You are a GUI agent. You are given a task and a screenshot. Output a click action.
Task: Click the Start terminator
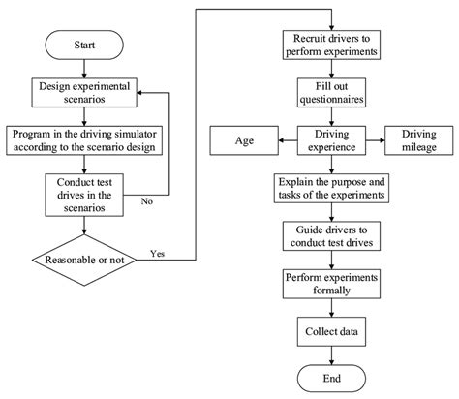[x=84, y=45]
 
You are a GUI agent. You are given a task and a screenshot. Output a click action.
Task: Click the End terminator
[x=332, y=378]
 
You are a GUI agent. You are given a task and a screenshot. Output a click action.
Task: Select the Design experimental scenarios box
[x=84, y=92]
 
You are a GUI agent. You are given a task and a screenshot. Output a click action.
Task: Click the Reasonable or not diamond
[x=84, y=259]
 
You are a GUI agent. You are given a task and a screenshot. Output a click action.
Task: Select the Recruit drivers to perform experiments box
[x=332, y=45]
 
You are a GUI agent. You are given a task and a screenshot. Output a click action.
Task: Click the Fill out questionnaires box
[x=332, y=92]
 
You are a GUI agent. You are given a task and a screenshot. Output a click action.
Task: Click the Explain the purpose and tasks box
[x=332, y=187]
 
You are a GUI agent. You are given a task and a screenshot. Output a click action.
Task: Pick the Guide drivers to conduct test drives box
[x=332, y=235]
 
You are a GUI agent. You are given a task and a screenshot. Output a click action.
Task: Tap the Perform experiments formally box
[x=332, y=283]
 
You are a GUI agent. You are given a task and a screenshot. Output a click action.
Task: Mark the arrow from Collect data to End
[x=332, y=354]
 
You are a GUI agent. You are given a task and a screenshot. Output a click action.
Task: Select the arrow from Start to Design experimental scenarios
[x=84, y=68]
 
